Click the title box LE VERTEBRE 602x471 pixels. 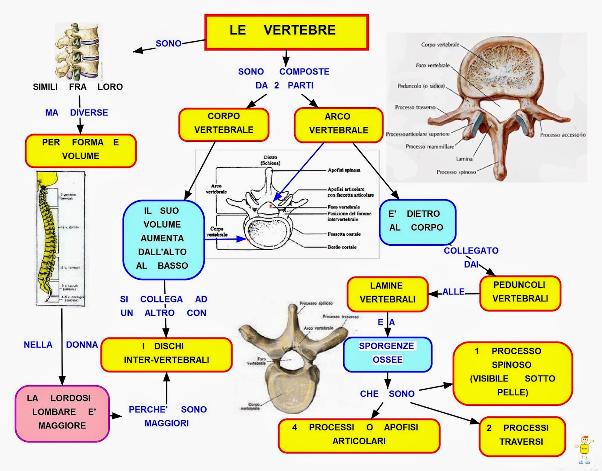(286, 32)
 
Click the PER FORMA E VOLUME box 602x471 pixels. (81, 150)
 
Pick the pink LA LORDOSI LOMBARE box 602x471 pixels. (62, 413)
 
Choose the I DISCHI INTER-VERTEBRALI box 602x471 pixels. (166, 354)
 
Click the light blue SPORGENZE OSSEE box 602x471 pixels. (387, 354)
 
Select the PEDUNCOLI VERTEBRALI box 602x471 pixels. (520, 292)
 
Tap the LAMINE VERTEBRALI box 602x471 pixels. (387, 293)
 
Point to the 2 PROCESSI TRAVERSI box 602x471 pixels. (521, 435)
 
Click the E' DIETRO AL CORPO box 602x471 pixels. (417, 221)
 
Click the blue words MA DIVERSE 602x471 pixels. (77, 113)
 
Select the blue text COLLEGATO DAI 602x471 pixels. (471, 257)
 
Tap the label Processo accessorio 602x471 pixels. (562, 135)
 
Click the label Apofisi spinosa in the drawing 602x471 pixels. (344, 170)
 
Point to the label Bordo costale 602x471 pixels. (342, 247)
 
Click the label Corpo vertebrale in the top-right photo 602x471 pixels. (440, 45)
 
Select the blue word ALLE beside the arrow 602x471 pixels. (453, 292)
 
